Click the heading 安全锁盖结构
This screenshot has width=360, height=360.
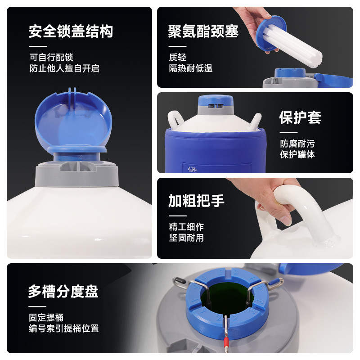71,31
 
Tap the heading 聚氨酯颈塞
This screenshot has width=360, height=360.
203,31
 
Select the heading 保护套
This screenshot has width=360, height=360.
300,117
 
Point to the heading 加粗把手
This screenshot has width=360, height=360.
196,200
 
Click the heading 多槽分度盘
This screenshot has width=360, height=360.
63,291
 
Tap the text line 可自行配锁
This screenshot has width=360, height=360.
51,58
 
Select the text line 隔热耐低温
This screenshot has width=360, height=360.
190,68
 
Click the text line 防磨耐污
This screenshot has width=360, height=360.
297,144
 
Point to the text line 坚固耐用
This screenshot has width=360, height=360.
186,238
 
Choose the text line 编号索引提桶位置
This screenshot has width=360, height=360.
64,328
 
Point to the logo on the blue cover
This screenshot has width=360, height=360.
192,170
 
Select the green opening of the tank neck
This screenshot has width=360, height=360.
227,297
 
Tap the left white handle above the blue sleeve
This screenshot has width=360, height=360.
175,119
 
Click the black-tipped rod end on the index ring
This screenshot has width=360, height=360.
178,280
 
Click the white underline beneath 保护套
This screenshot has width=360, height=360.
288,132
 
